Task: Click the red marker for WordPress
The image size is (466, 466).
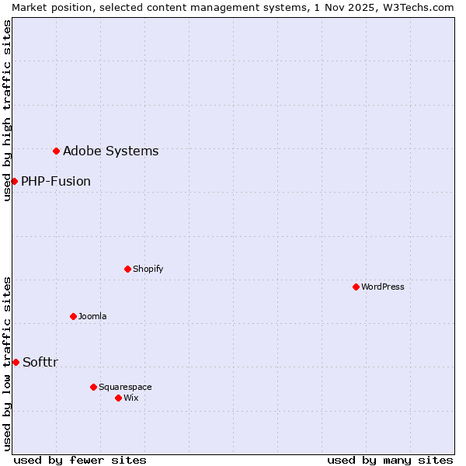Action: point(356,287)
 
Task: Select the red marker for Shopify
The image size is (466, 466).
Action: point(127,269)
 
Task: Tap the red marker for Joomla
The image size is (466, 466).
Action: point(73,316)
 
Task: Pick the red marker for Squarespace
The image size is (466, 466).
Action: point(93,387)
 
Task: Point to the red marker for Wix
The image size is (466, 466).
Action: point(118,398)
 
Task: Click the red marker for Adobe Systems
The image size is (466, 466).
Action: point(56,151)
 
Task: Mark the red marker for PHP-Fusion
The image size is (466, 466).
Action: point(14,181)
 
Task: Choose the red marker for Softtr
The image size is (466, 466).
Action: point(16,362)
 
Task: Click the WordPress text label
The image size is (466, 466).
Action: point(383,287)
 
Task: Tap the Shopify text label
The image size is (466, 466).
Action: point(148,269)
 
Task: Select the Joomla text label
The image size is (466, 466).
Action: point(92,316)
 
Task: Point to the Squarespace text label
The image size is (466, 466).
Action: point(125,387)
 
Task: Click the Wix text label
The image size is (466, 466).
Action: point(131,398)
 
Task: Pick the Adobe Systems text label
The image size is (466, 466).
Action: point(110,151)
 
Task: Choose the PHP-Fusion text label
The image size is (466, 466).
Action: point(56,181)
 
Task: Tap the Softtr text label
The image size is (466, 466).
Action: point(40,362)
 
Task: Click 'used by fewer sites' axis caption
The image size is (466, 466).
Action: point(80,460)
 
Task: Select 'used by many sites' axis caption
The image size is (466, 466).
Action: point(390,460)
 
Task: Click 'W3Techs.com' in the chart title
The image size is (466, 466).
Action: point(423,7)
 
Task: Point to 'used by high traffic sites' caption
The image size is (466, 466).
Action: point(7,110)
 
